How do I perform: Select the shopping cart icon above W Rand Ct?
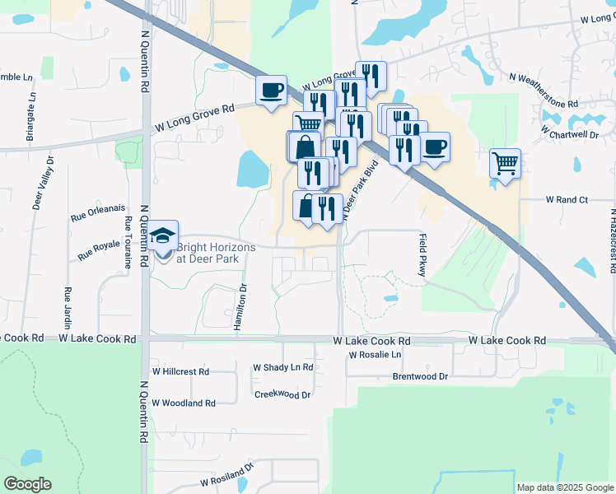505,162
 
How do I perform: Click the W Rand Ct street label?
566,200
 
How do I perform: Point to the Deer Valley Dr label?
43,183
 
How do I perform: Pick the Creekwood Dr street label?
282,395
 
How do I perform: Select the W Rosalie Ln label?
375,355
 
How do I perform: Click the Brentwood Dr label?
420,376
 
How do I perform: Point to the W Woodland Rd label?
183,403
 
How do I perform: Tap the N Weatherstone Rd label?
544,90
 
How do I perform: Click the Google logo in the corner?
27,484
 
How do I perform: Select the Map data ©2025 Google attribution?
564,487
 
